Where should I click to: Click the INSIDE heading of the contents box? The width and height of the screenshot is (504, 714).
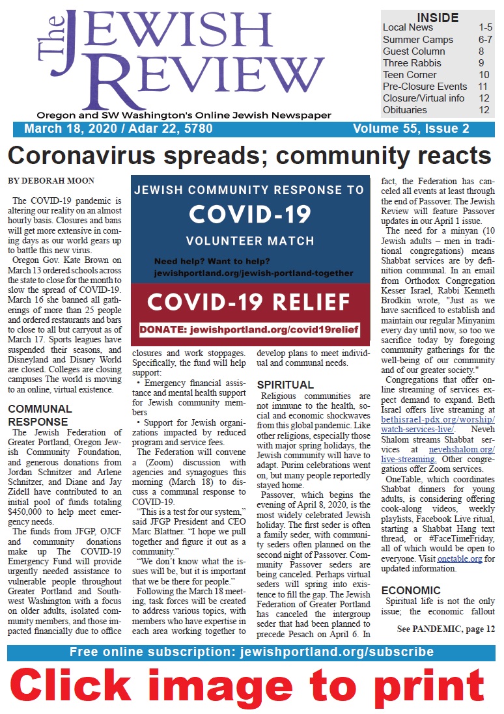click(x=438, y=17)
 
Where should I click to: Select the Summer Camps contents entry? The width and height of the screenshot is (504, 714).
click(x=414, y=39)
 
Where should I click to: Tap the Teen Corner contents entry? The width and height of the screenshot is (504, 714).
click(x=410, y=75)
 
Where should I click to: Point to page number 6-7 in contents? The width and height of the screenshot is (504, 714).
click(x=485, y=39)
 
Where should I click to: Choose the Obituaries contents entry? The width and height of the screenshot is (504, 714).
click(x=405, y=110)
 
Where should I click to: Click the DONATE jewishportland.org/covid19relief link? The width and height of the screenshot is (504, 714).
click(x=249, y=330)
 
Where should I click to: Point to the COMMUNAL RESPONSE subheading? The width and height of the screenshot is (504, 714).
click(x=40, y=415)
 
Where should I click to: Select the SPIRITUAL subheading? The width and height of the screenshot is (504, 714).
click(x=285, y=385)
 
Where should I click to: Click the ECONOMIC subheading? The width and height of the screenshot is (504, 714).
click(x=411, y=590)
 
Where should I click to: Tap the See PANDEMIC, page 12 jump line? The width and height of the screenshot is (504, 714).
click(x=446, y=629)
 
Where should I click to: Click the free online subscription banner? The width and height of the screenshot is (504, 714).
click(x=251, y=653)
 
